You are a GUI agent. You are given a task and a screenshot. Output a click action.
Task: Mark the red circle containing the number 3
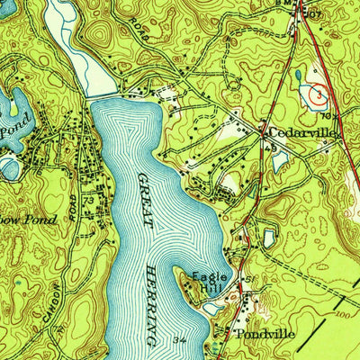coord(318,91)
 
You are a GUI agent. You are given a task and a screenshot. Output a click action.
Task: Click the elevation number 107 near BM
coord(313,13)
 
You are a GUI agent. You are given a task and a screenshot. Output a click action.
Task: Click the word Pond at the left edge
coord(10,130)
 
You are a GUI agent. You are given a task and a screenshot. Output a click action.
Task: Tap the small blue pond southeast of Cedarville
coord(280,160)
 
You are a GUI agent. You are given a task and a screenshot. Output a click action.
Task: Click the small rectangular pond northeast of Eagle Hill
coord(267,238)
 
